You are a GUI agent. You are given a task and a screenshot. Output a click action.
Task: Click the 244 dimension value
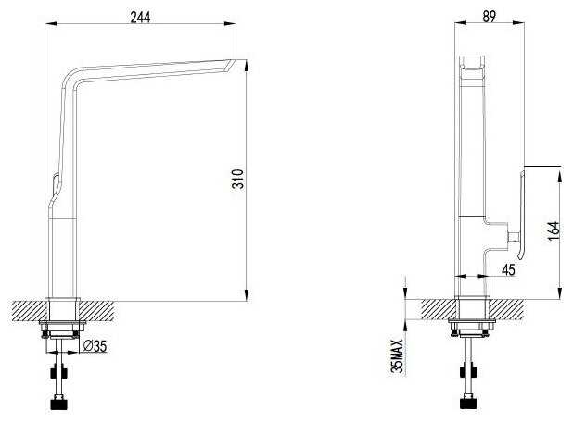click(x=140, y=18)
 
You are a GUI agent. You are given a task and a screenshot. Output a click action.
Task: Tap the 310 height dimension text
click(x=238, y=179)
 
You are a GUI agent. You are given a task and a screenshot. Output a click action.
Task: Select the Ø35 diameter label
click(x=95, y=345)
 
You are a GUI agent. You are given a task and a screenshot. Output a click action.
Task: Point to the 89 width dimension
click(x=489, y=17)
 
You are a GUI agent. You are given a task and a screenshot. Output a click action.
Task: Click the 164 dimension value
click(x=554, y=231)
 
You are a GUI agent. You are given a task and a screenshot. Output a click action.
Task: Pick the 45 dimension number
click(x=508, y=270)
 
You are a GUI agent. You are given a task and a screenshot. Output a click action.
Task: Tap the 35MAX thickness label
click(x=397, y=356)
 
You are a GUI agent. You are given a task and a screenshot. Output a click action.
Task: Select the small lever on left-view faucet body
click(x=56, y=186)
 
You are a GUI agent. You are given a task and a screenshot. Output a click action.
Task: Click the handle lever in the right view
click(x=521, y=215)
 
